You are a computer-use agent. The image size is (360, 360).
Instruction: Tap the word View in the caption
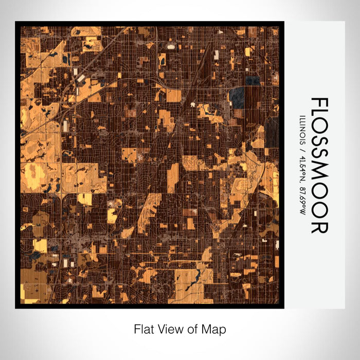pos(168,329)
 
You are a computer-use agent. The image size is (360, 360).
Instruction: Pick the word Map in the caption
pos(214,329)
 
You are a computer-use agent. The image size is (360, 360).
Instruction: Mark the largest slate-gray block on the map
pos(237,97)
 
